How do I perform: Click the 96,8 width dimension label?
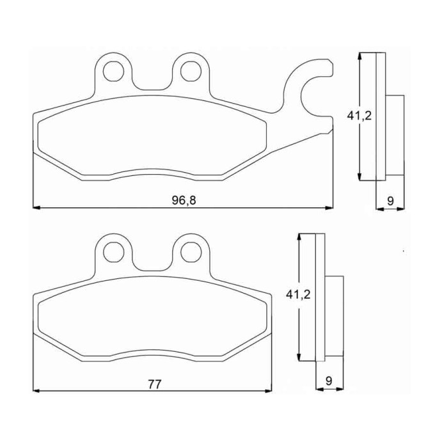point(184,200)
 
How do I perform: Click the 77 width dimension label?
point(155,384)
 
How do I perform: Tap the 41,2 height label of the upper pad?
point(359,116)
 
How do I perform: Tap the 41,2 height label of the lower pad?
point(298,295)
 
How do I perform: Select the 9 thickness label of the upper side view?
point(390,201)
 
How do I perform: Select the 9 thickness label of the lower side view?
point(329,381)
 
